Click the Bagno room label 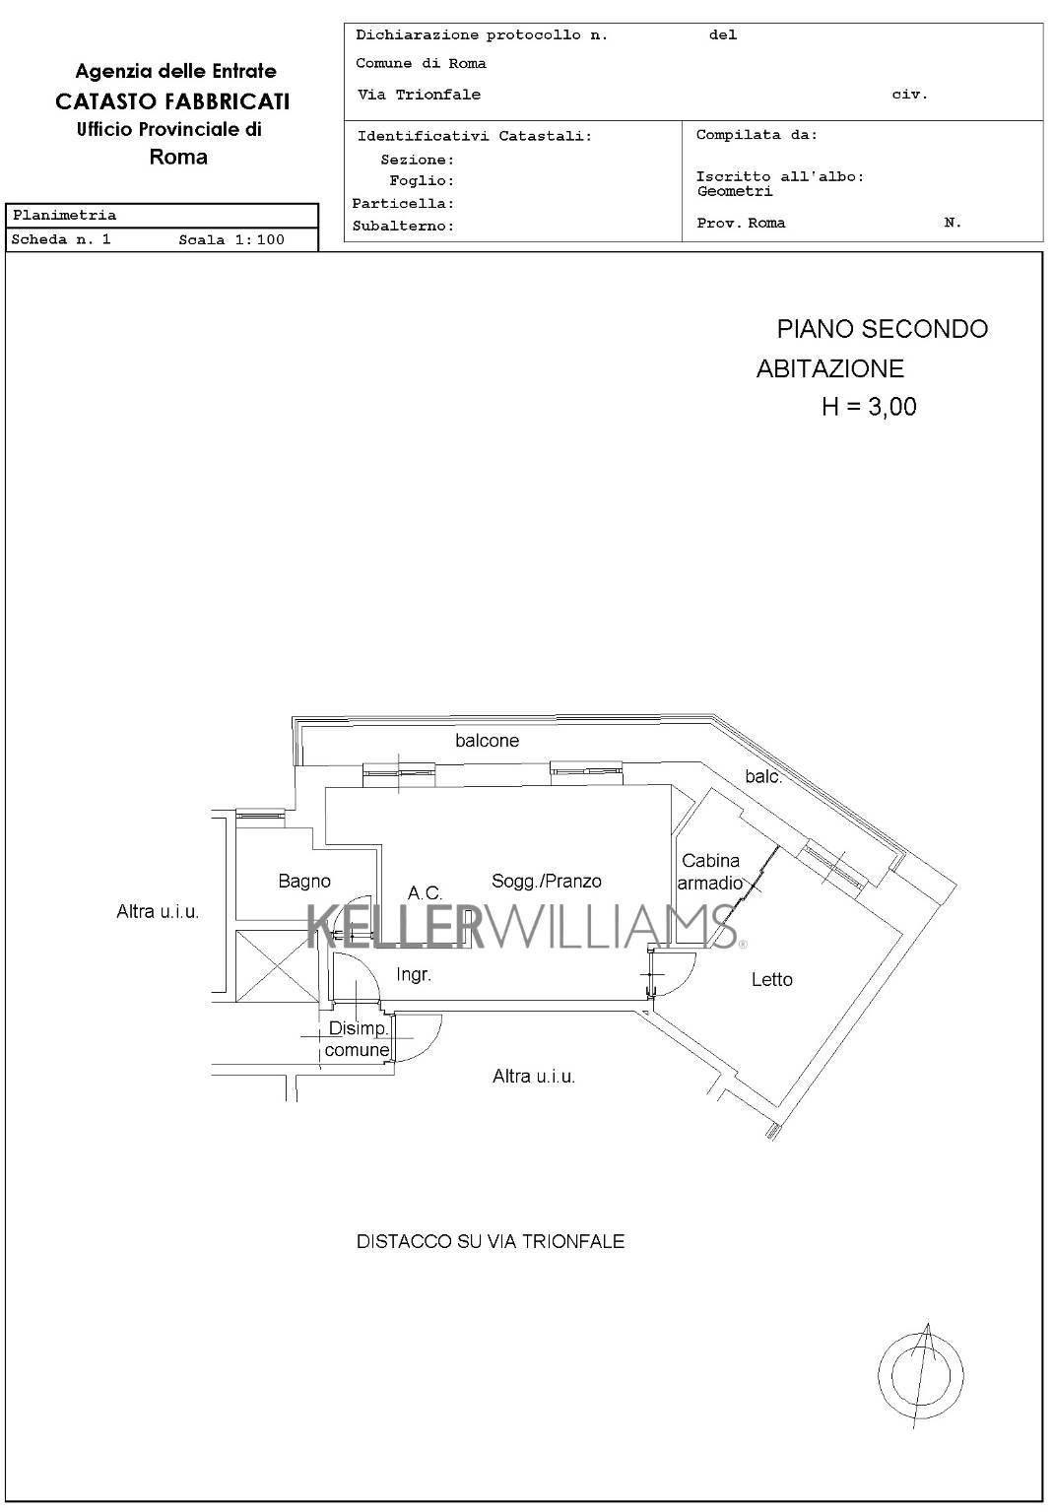pos(304,882)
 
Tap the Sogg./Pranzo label pos(546,882)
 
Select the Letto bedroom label pos(771,979)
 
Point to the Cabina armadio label pos(710,872)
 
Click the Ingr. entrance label pos(413,975)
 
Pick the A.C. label pos(426,893)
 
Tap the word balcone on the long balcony pos(487,741)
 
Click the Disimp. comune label pos(358,1039)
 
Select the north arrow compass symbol pos(921,1376)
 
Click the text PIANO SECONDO pos(883,329)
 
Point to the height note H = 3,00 pos(869,407)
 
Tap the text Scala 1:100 pos(231,239)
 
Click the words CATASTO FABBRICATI pos(172,101)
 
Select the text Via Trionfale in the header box pos(420,95)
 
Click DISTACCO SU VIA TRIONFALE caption pos(491,1241)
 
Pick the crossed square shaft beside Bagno pos(277,965)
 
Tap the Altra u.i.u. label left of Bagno pos(158,912)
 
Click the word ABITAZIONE pos(829,368)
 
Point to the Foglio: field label pos(422,181)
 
